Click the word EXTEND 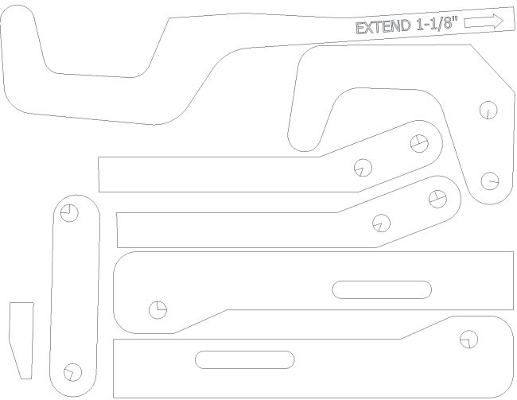pos(383,27)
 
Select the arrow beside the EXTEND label pos(484,21)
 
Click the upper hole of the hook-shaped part pos(488,110)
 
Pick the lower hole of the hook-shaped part pos(490,181)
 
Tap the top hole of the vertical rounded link pos(69,212)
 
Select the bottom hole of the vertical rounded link pos(72,372)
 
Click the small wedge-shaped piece pos(21,340)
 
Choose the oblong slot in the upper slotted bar pos(382,289)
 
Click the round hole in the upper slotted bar pos(157,310)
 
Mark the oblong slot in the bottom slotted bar pos(244,359)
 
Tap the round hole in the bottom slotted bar pos(468,339)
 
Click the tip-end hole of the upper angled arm pos(419,143)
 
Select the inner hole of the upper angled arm pos(363,168)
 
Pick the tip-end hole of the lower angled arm pos(437,199)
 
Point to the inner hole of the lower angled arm pos(381,223)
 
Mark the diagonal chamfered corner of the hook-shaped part pos(492,68)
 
